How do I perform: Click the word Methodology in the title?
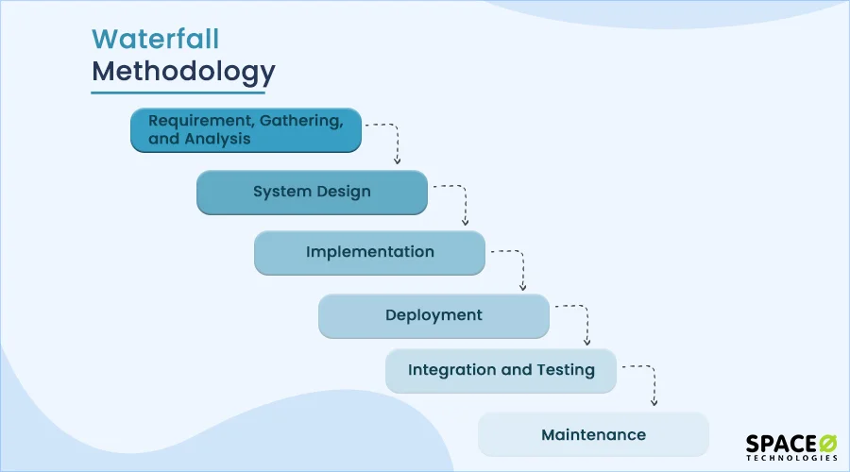point(183,72)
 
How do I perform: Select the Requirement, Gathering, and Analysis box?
point(246,130)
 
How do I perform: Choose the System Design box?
point(312,192)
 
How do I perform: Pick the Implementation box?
point(369,253)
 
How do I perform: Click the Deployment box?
point(433,315)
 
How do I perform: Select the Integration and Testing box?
point(501,370)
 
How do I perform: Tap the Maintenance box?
point(593,434)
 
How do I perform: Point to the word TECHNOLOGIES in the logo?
point(791,458)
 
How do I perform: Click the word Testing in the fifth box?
point(564,370)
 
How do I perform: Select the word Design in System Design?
point(343,192)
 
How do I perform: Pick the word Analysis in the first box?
point(218,139)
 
